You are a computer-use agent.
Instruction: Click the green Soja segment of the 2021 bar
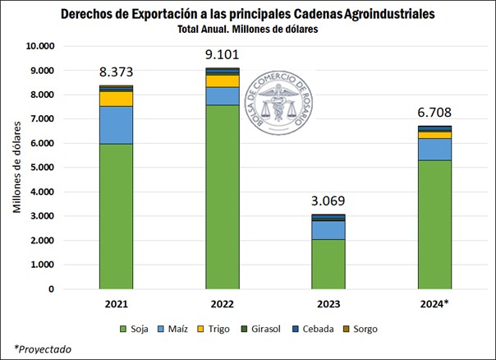116,216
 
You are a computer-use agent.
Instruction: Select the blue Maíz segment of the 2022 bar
223,95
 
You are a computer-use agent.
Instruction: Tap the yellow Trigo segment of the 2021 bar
116,98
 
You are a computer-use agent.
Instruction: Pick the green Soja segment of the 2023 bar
328,264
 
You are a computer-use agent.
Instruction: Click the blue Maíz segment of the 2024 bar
434,149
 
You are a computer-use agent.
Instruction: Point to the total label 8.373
117,72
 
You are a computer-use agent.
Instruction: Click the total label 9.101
223,57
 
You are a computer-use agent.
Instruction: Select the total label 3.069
328,201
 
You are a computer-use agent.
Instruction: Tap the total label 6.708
434,113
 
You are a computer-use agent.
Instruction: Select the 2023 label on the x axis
328,303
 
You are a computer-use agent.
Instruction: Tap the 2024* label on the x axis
435,303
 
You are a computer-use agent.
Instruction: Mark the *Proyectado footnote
43,349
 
